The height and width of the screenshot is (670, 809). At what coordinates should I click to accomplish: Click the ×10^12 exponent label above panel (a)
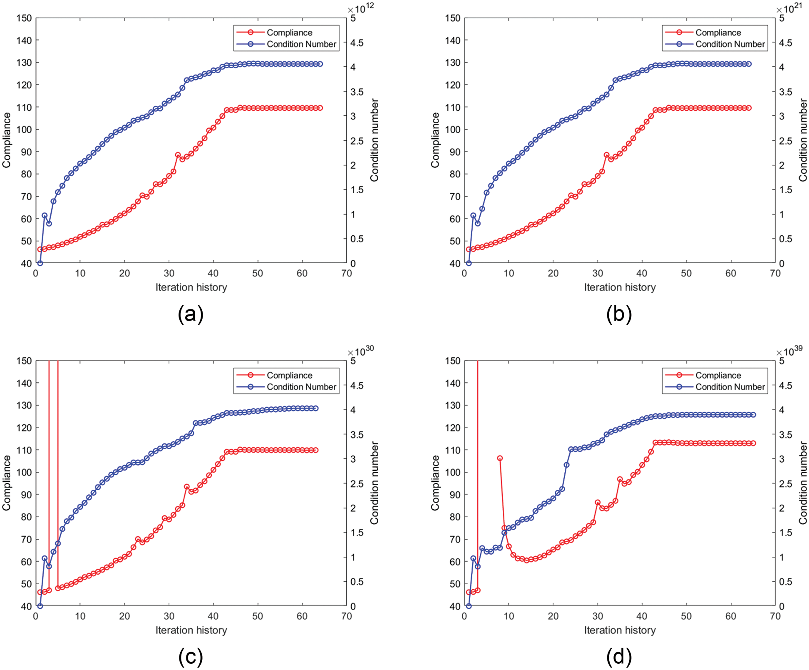click(361, 8)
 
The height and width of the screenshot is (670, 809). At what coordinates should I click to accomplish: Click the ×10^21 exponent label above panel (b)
click(790, 8)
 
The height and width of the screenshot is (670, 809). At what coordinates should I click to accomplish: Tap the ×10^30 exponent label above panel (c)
click(361, 351)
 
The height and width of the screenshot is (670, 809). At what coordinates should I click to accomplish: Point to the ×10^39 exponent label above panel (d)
click(790, 351)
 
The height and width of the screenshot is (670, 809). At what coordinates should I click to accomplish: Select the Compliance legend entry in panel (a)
click(289, 32)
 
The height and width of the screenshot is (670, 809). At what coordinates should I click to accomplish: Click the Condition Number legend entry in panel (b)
click(730, 44)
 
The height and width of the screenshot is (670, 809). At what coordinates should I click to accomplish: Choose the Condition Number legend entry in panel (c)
click(301, 387)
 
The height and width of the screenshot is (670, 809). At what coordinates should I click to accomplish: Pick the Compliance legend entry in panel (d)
click(718, 375)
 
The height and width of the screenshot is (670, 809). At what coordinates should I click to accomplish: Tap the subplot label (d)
click(619, 657)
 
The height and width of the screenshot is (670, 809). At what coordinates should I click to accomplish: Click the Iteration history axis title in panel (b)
click(620, 287)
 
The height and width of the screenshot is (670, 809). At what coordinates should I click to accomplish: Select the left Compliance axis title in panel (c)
click(6, 483)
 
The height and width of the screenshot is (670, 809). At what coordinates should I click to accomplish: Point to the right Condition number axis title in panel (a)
click(375, 140)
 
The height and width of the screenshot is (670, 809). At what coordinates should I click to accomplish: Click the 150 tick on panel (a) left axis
click(24, 18)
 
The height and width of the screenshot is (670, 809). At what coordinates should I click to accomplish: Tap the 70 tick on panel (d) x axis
click(775, 616)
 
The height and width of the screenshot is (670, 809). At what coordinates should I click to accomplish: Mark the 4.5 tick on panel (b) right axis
click(787, 43)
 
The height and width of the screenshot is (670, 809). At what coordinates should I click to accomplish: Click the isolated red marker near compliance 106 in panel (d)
click(500, 458)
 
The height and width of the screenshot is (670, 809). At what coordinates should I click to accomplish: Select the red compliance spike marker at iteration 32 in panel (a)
click(178, 155)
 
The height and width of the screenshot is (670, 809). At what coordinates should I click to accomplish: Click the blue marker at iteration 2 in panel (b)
click(473, 216)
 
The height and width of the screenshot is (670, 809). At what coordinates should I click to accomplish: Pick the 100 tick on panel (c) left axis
click(24, 473)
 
